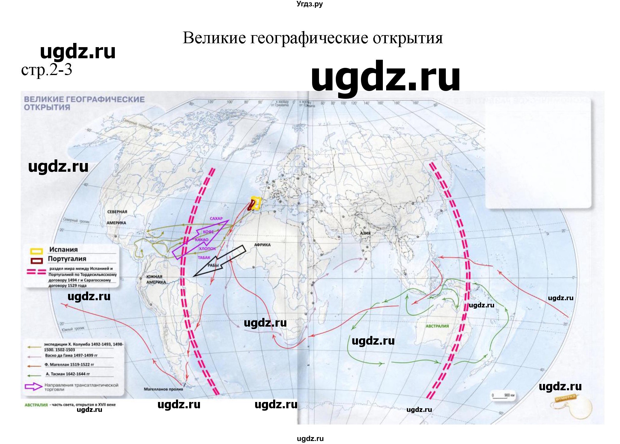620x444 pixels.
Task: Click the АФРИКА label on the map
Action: click(262, 245)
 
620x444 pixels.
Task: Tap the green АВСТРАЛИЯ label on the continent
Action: click(437, 326)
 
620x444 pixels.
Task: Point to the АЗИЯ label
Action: click(365, 233)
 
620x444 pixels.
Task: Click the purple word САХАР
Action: click(216, 219)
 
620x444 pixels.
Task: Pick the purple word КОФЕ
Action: click(208, 232)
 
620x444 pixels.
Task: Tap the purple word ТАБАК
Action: click(204, 258)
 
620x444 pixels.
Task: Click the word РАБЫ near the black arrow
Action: click(213, 265)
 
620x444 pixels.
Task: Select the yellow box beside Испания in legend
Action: click(37, 250)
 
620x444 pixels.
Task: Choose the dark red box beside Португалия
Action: click(37, 260)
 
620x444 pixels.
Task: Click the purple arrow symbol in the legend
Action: click(33, 387)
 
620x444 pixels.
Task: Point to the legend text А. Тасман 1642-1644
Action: click(68, 374)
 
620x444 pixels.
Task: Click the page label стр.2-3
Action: click(46, 70)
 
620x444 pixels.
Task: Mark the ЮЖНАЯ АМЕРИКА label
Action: click(156, 279)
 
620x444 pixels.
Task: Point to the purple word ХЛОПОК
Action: click(207, 249)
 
